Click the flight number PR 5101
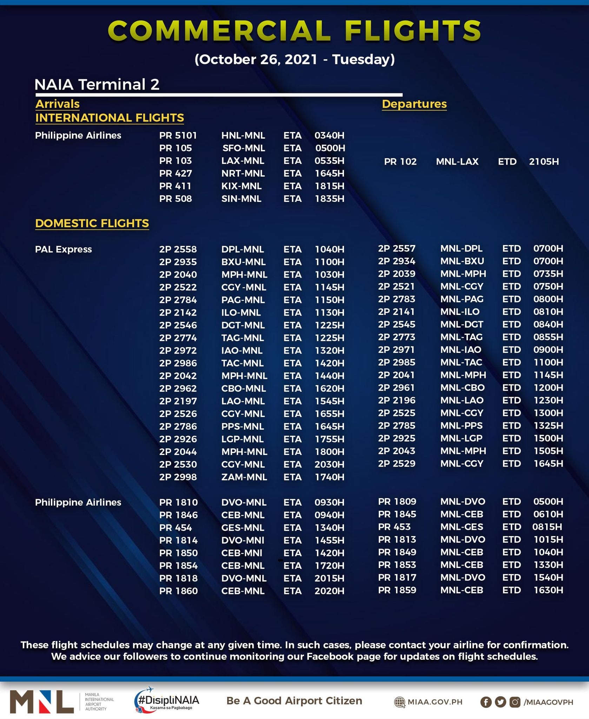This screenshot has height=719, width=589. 178,136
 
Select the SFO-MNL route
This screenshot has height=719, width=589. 244,148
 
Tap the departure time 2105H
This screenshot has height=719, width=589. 544,162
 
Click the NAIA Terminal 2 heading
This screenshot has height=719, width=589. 97,85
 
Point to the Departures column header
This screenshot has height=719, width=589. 414,104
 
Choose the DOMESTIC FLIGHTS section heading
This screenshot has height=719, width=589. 92,223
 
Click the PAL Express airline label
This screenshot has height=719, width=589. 64,249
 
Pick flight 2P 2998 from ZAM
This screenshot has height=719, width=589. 178,477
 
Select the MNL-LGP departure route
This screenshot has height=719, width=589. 461,438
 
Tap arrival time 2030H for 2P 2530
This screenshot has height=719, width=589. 329,464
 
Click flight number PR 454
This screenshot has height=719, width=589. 176,528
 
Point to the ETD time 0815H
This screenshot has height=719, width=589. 547,527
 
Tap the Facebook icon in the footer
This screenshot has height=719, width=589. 486,702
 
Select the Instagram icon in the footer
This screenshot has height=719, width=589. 515,702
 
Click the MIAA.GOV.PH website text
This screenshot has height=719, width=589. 435,702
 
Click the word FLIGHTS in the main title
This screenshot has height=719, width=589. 413,31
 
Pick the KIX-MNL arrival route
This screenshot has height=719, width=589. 241,186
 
